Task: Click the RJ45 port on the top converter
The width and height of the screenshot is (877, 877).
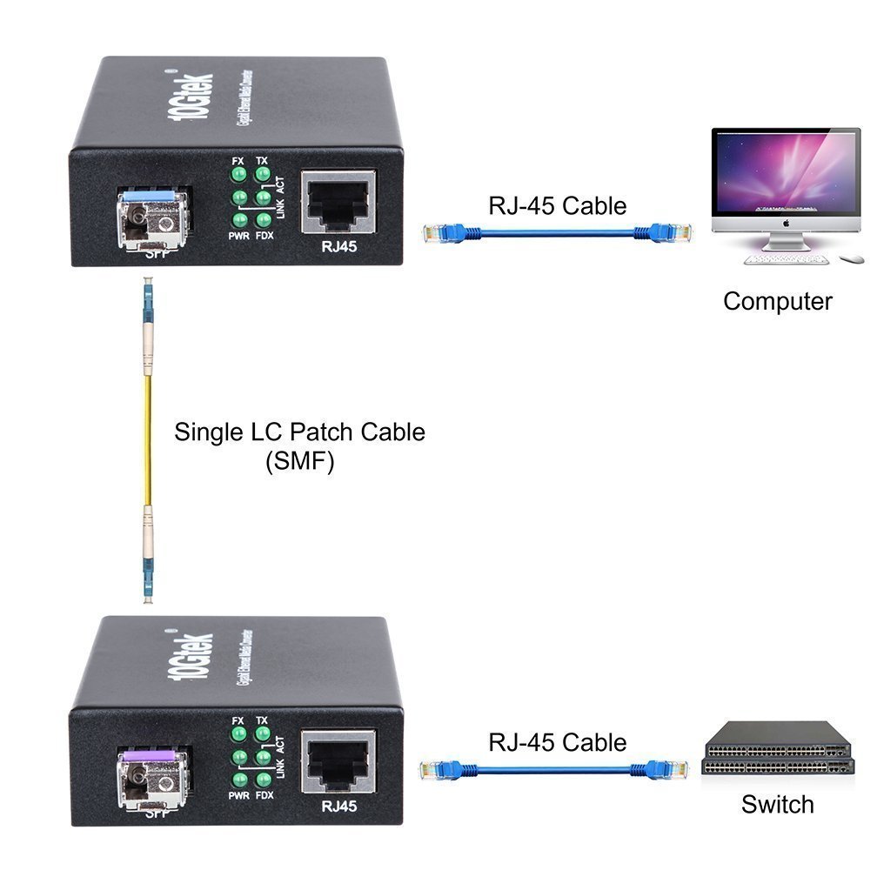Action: [338, 203]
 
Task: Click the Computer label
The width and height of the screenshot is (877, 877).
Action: [777, 301]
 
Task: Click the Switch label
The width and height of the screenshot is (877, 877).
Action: [777, 805]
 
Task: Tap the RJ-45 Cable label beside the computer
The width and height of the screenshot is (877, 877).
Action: [558, 205]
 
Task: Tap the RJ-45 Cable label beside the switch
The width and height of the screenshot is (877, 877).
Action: [558, 742]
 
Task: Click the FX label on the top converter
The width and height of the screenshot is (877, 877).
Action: [238, 160]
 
